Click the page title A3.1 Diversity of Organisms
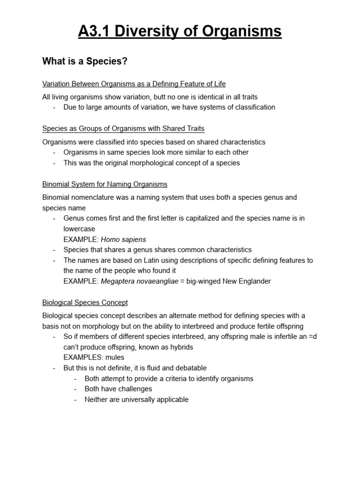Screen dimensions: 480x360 click(x=180, y=31)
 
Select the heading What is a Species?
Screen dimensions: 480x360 click(x=85, y=61)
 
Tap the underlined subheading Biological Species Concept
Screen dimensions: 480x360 click(x=85, y=302)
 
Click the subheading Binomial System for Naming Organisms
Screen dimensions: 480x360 click(x=105, y=184)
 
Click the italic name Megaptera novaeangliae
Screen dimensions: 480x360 click(x=140, y=281)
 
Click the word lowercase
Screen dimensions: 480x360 click(x=79, y=229)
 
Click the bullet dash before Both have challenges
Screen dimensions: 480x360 click(x=76, y=389)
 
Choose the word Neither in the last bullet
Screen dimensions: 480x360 click(x=97, y=400)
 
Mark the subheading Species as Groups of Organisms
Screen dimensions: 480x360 click(x=123, y=128)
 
